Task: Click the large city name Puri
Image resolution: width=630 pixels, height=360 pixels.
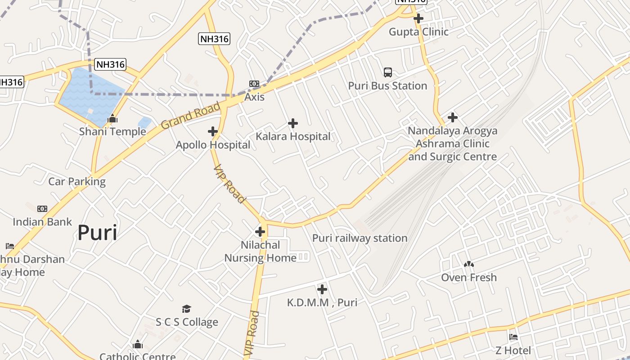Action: click(x=97, y=233)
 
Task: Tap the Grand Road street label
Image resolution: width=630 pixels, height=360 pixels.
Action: click(x=191, y=116)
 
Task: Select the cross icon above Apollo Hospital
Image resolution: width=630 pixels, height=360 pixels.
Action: click(x=213, y=131)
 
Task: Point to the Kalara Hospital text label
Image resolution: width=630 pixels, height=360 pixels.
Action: click(x=293, y=136)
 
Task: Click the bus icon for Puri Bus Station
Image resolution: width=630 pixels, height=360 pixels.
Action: click(x=387, y=72)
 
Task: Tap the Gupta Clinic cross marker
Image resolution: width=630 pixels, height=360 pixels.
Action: click(x=418, y=18)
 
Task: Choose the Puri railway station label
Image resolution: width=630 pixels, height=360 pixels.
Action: click(x=360, y=238)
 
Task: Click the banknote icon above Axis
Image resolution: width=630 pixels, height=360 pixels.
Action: click(x=254, y=84)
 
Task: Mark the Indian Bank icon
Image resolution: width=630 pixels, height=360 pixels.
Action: click(x=42, y=209)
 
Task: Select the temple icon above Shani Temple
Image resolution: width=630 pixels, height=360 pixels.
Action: click(x=112, y=119)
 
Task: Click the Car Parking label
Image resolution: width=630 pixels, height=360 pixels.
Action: click(x=76, y=182)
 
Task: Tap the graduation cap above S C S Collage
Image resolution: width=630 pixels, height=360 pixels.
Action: click(x=187, y=309)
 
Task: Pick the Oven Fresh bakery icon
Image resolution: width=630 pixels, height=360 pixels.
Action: click(x=469, y=264)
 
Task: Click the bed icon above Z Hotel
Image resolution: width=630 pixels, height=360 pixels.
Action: click(x=513, y=337)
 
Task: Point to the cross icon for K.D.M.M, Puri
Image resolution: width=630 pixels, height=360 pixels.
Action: click(x=322, y=289)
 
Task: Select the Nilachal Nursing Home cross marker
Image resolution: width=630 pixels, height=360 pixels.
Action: click(x=260, y=232)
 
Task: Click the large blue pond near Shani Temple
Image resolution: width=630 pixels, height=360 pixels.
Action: click(x=88, y=92)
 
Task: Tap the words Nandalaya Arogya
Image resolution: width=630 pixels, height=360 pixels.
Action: click(x=452, y=131)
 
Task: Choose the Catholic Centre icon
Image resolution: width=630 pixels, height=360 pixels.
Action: click(x=138, y=345)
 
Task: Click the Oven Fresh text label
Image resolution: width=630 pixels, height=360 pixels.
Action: click(x=469, y=278)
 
